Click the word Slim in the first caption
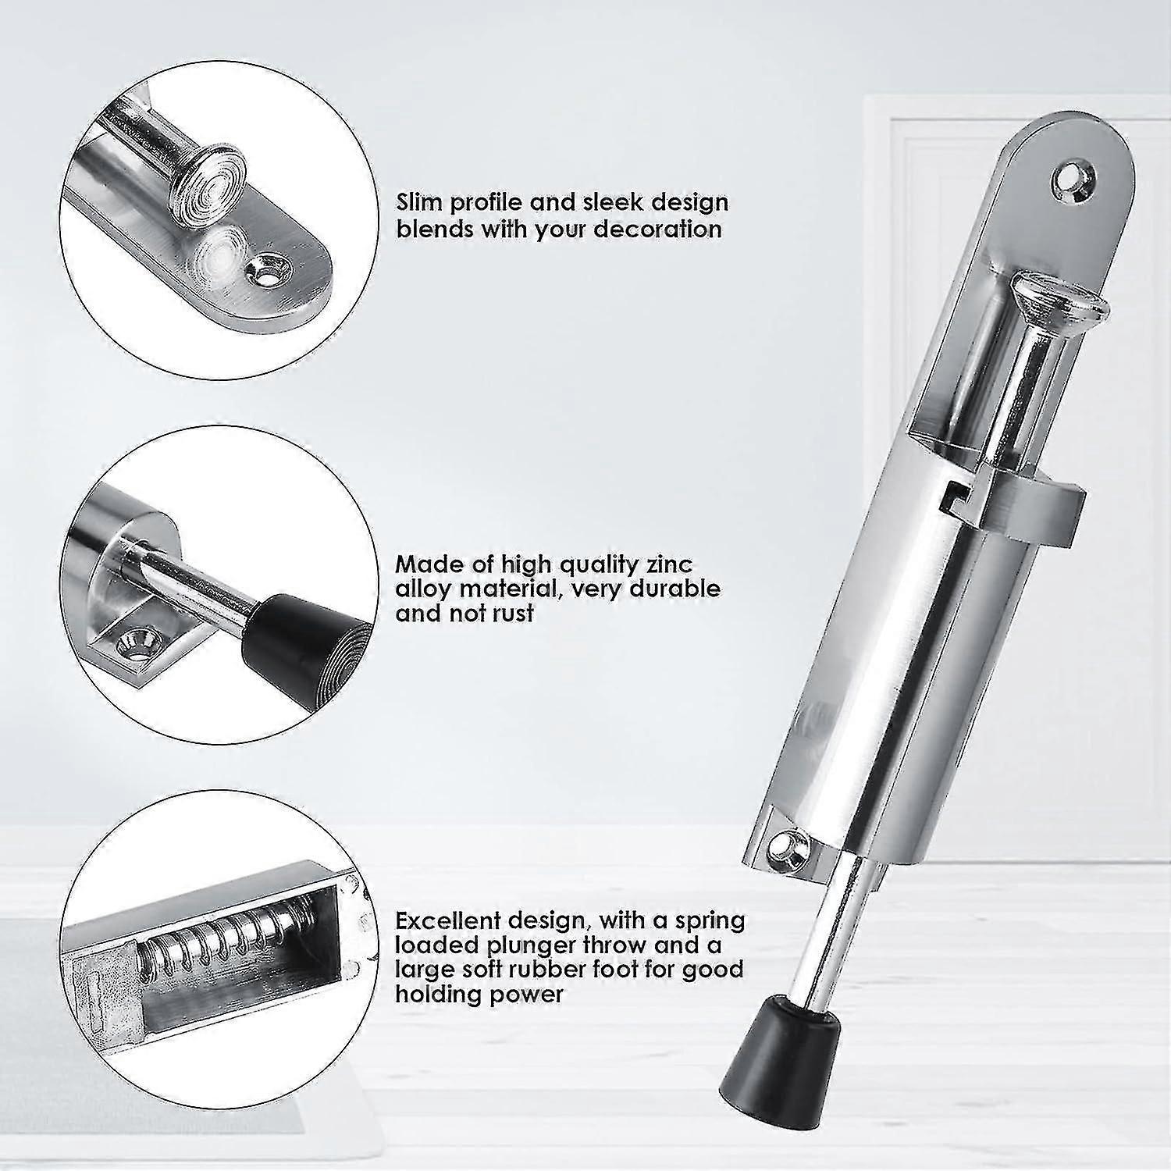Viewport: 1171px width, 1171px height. (422, 203)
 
